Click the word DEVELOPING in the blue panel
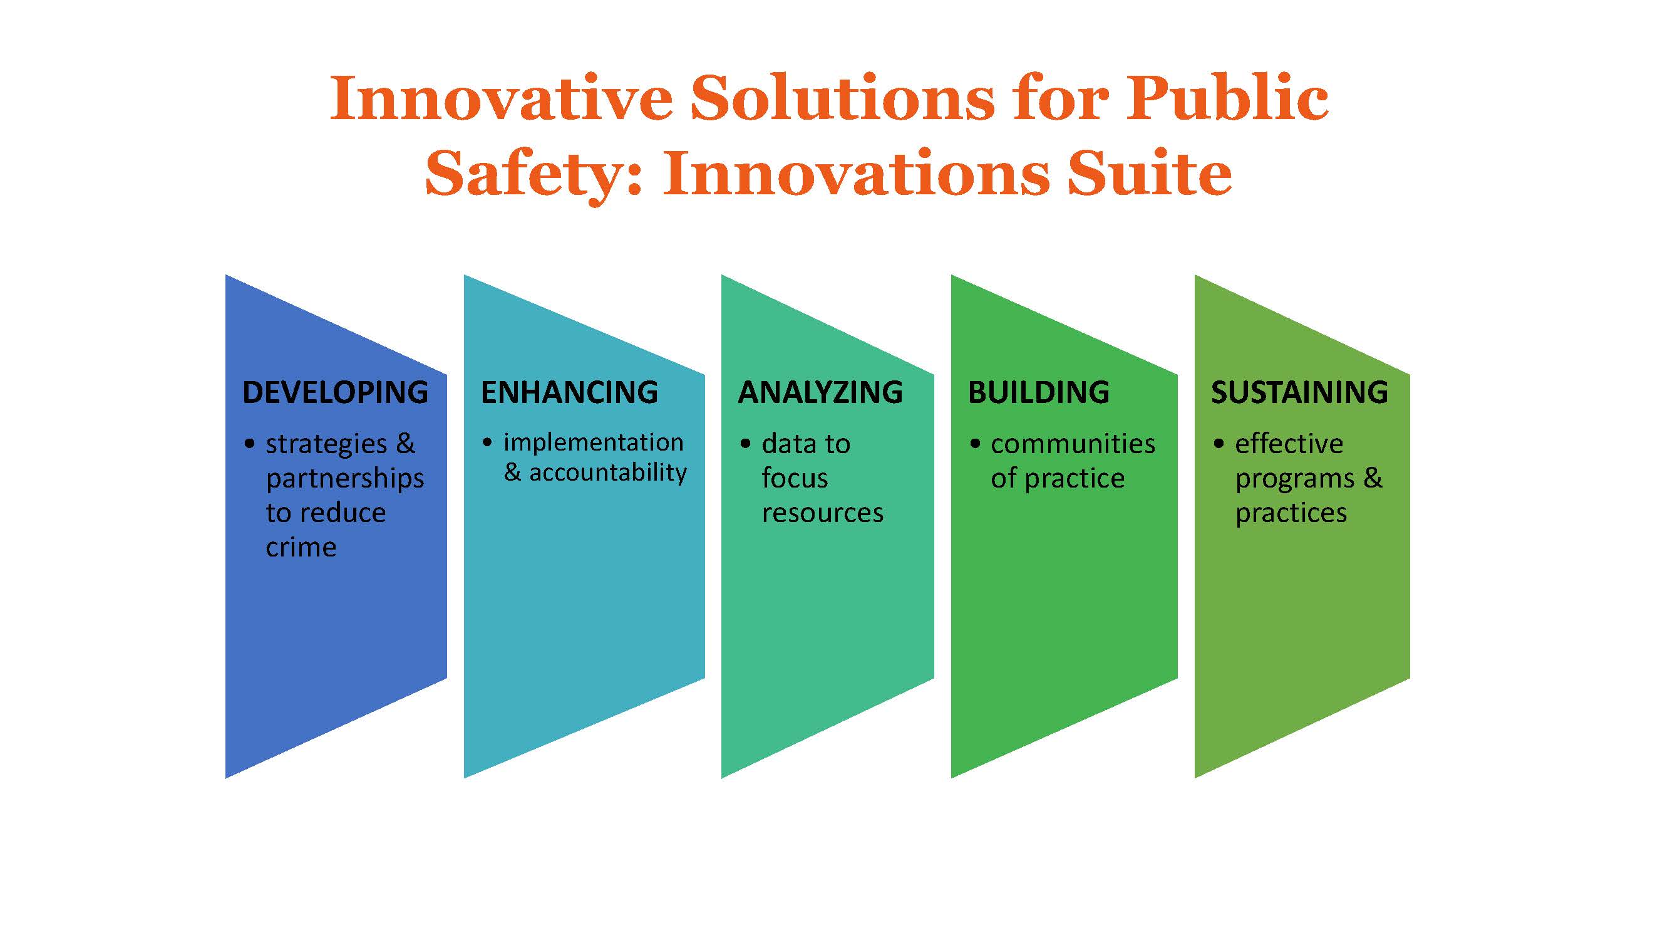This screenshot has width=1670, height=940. tap(335, 392)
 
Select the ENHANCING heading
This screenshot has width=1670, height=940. tap(569, 392)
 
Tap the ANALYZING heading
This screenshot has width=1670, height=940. tap(820, 392)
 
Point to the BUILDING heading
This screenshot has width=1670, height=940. tap(1039, 392)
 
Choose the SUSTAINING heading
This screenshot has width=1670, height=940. tap(1299, 392)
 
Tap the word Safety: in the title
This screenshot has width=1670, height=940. tap(533, 173)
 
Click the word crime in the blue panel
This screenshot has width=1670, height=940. tap(301, 548)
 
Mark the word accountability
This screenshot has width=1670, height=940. tap(608, 473)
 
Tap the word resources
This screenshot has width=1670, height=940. tap(823, 513)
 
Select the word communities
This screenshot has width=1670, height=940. tap(1073, 444)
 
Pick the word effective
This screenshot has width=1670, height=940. tap(1289, 444)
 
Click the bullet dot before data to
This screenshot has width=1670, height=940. tap(746, 444)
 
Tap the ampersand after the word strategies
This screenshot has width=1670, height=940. tap(405, 444)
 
